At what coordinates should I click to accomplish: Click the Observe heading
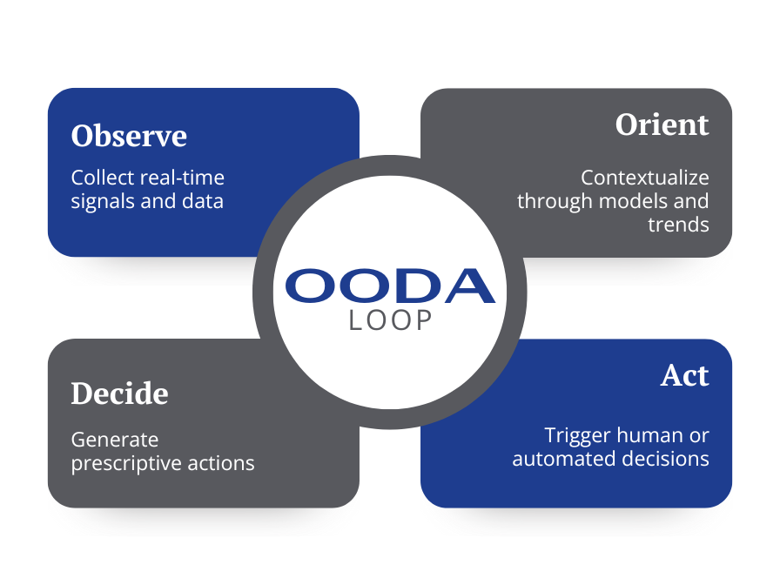129,135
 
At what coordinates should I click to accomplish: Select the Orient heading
662,124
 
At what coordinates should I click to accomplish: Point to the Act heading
684,375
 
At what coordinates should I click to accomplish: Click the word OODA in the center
390,286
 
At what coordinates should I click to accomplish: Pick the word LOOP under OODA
390,320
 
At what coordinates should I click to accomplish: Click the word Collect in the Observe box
103,178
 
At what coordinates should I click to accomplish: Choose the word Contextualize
645,178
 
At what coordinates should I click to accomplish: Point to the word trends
678,225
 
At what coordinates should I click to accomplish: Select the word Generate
115,440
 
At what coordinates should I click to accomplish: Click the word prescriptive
126,464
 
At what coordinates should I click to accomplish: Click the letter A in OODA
469,286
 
